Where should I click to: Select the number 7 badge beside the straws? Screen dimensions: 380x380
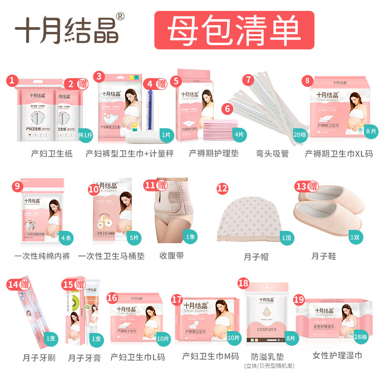(248, 80)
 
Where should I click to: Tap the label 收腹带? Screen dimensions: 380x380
(171, 256)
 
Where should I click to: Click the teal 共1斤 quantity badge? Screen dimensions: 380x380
(85, 135)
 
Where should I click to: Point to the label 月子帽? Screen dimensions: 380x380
(256, 256)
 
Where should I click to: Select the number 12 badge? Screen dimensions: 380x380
(222, 188)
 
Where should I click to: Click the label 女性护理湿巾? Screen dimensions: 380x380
(337, 355)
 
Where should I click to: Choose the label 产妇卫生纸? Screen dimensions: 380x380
(49, 153)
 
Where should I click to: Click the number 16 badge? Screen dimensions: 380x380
(112, 297)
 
